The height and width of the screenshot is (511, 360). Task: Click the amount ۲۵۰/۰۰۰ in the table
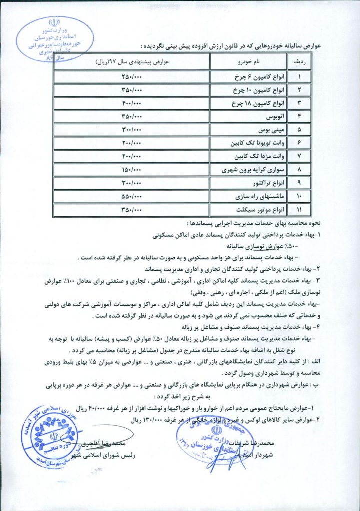[132, 78]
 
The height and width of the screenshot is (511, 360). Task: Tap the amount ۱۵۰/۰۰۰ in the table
[132, 170]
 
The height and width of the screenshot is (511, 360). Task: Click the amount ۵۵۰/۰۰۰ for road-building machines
[132, 196]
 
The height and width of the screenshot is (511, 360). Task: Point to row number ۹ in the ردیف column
[299, 183]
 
